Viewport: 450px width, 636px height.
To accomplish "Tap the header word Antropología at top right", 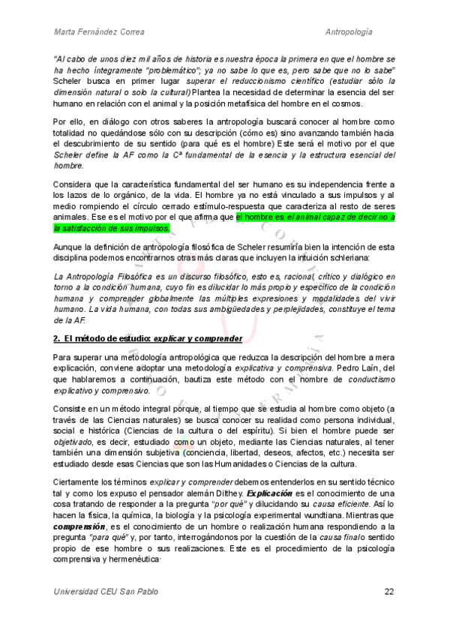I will (360, 32).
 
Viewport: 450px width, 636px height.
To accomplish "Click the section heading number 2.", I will (57, 338).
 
